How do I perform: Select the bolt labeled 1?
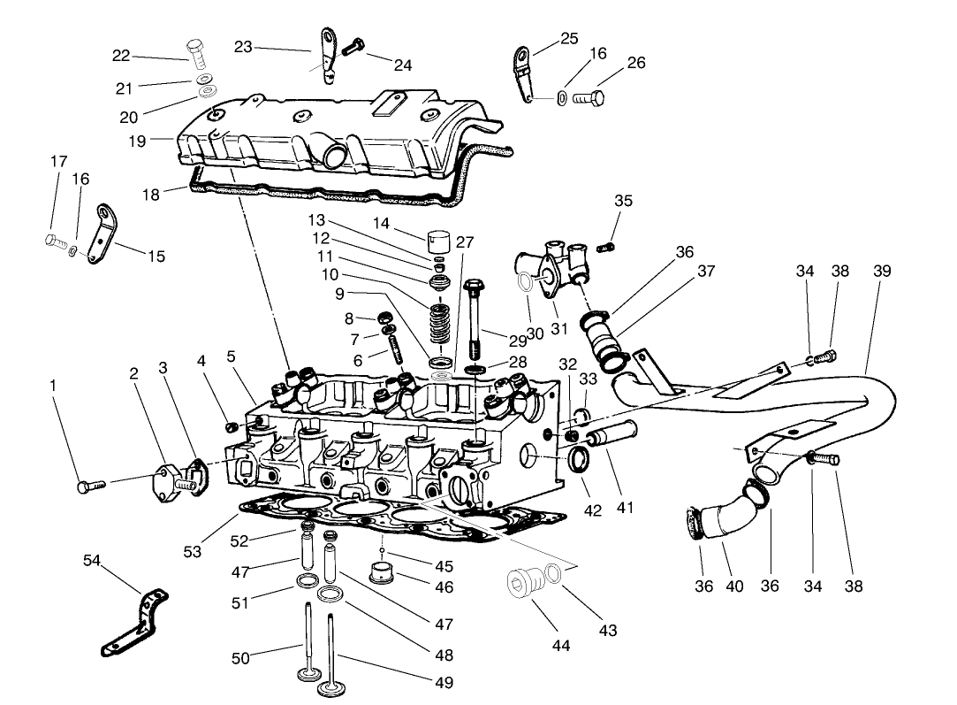(90, 485)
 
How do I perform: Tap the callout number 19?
(136, 141)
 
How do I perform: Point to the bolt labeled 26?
(589, 96)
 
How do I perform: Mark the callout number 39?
(881, 272)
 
